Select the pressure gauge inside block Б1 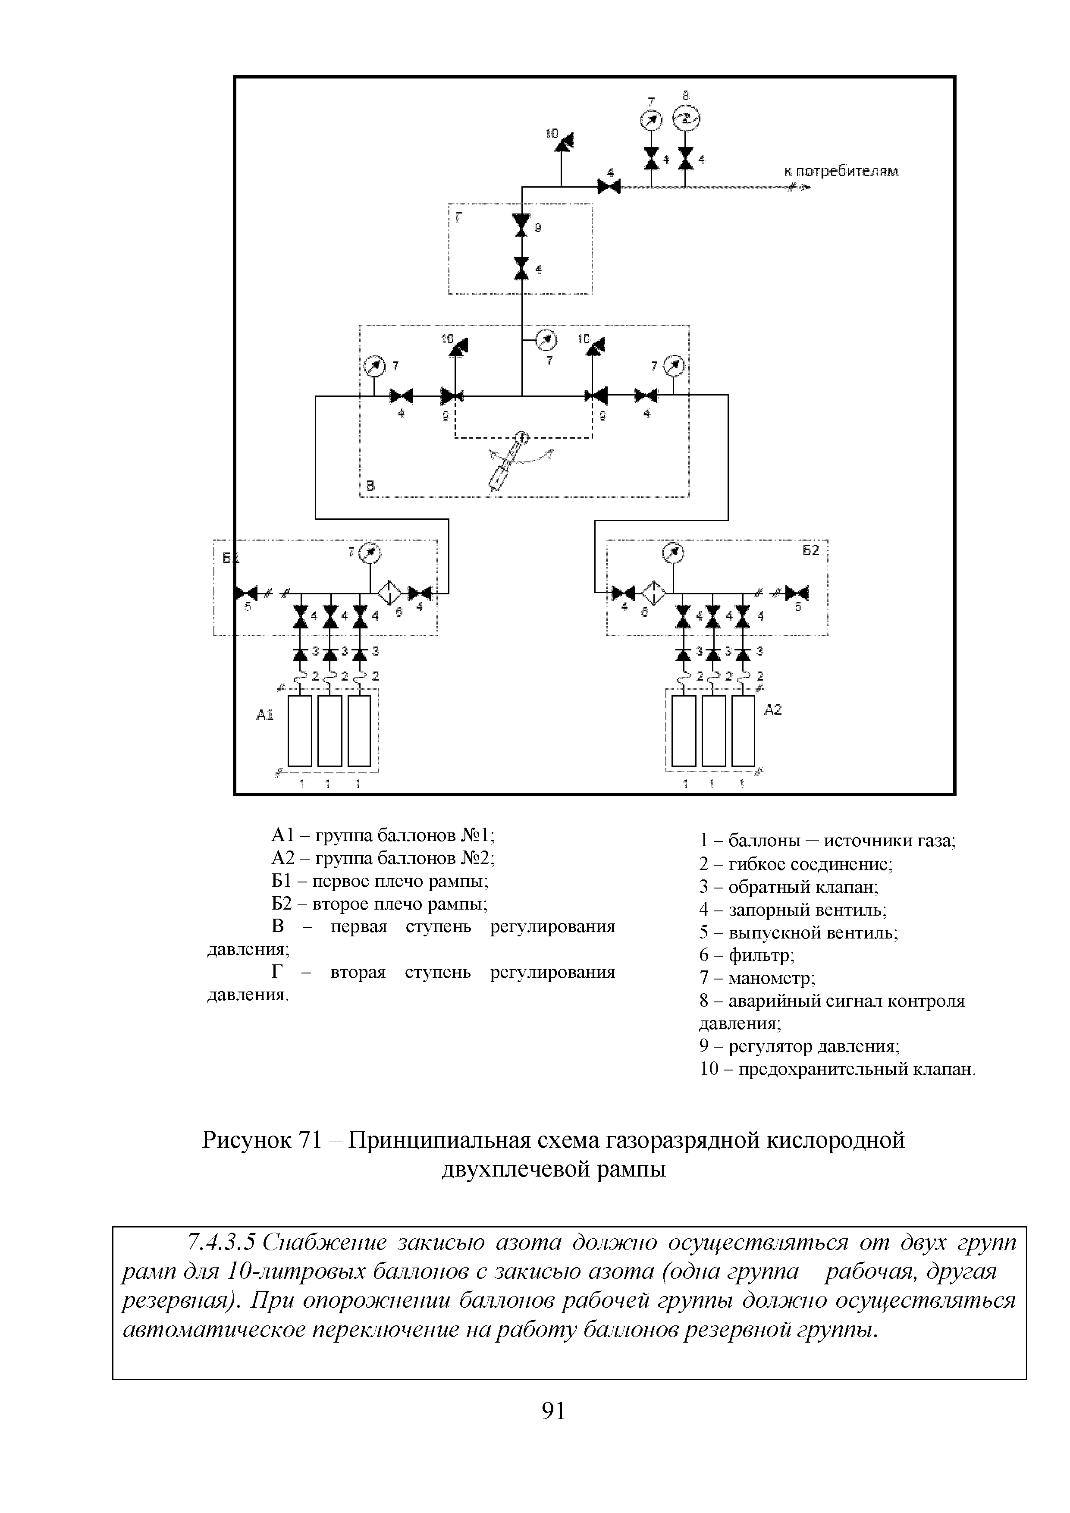370,553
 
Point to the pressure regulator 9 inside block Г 522,225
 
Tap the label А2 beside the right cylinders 773,710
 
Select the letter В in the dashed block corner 371,487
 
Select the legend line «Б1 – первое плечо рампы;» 380,881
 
